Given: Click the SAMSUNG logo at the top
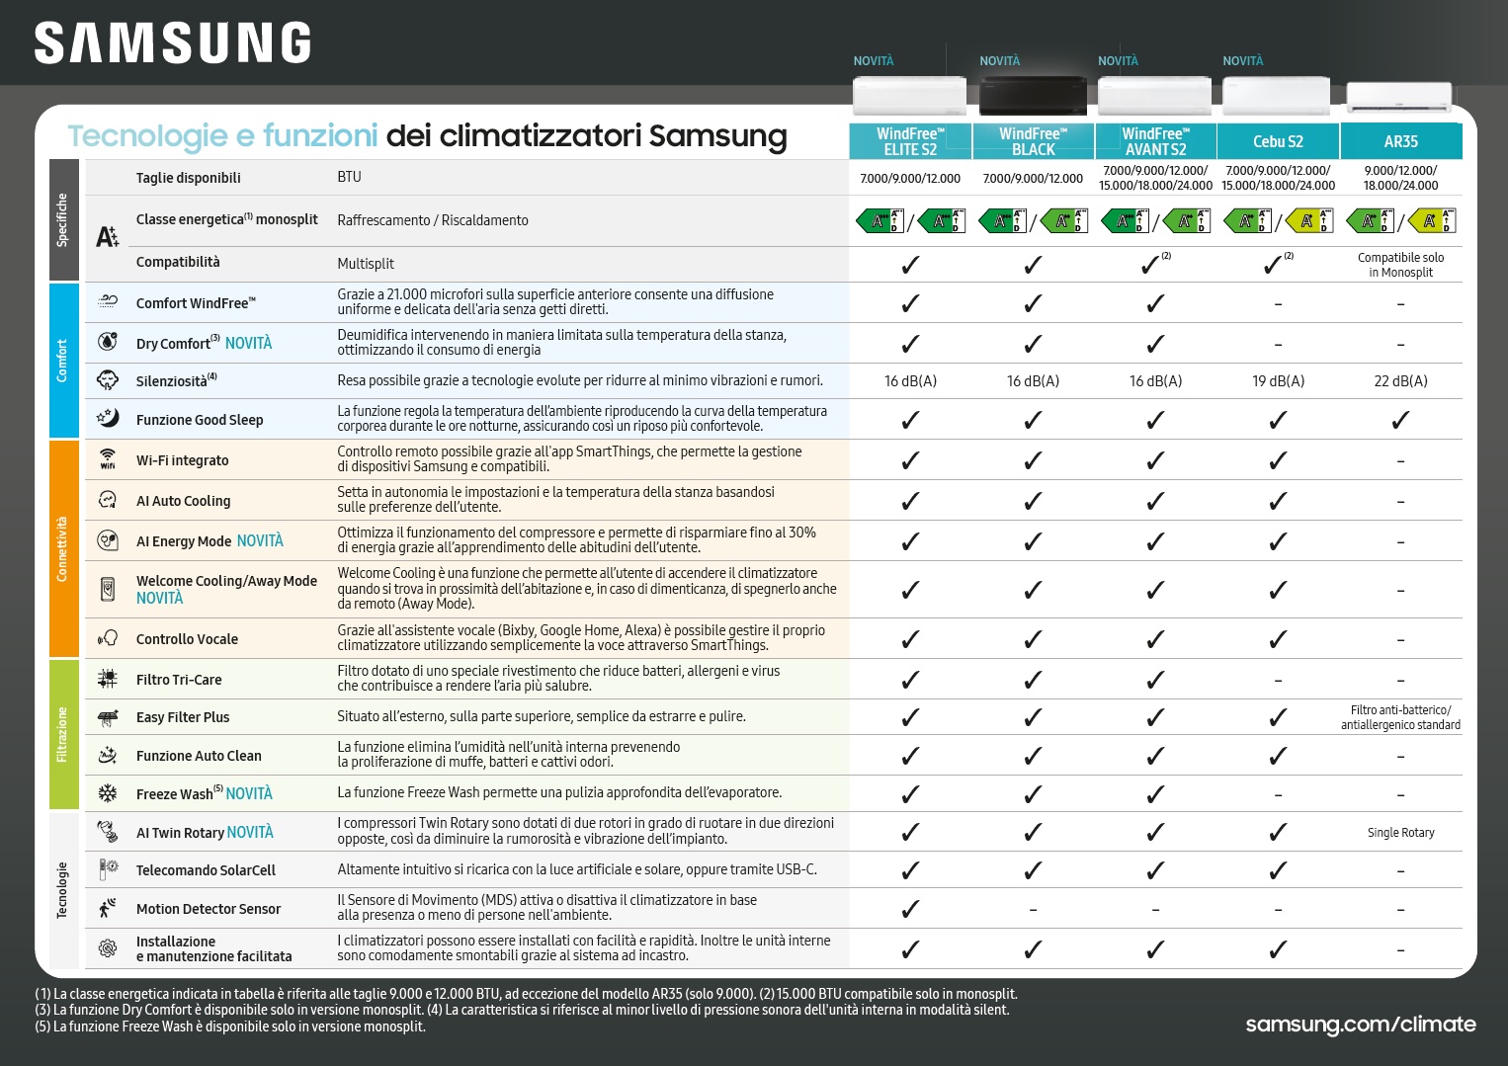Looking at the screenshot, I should (x=173, y=44).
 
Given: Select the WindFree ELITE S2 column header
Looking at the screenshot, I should (x=910, y=141).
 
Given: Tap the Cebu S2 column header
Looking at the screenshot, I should (x=1278, y=141).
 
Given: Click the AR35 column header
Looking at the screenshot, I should (x=1400, y=141).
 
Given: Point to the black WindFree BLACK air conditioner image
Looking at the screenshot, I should (x=1033, y=96).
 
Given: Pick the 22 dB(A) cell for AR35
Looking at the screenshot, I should (x=1400, y=381).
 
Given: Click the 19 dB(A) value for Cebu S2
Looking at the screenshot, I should (x=1278, y=381).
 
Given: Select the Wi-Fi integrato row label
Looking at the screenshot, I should (x=182, y=460).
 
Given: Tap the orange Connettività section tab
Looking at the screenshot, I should (x=63, y=548).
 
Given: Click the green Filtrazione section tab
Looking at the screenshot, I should (x=63, y=734).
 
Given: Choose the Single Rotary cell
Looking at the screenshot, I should (x=1400, y=833).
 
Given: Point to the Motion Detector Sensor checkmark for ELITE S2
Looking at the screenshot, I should (x=910, y=909).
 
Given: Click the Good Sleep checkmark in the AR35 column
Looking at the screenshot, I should (x=1400, y=420).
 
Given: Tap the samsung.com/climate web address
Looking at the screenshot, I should (x=1360, y=1025).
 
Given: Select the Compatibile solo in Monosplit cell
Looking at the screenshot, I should (x=1400, y=265).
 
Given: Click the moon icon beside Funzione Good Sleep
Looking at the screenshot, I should (x=108, y=418).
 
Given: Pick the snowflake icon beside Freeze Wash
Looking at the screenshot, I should (x=108, y=793).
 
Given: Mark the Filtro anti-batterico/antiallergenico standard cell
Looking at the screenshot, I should (x=1400, y=717).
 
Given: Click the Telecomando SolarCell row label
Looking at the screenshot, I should (x=206, y=870).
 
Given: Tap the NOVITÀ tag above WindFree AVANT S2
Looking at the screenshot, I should (x=1118, y=61).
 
